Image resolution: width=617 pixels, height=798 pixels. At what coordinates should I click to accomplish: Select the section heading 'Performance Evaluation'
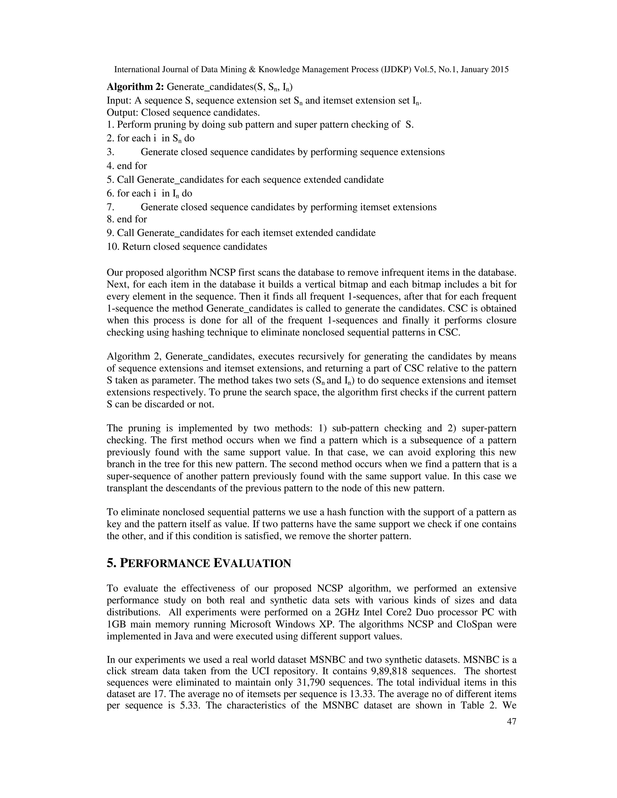click(x=199, y=563)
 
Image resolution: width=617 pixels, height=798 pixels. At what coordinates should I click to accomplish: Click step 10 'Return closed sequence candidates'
click(x=187, y=247)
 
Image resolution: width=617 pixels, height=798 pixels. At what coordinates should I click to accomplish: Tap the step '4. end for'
click(x=127, y=166)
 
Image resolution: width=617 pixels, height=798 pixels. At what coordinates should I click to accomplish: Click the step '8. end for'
click(x=127, y=219)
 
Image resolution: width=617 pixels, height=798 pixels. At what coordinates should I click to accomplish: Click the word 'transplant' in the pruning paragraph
click(x=129, y=488)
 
